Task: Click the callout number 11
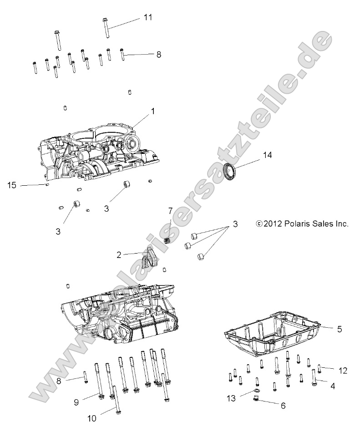(147, 17)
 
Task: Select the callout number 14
(267, 155)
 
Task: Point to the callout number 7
(171, 211)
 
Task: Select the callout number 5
(340, 328)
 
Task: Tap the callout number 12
(343, 371)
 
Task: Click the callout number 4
(333, 386)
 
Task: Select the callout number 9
(76, 402)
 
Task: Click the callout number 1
(153, 111)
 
